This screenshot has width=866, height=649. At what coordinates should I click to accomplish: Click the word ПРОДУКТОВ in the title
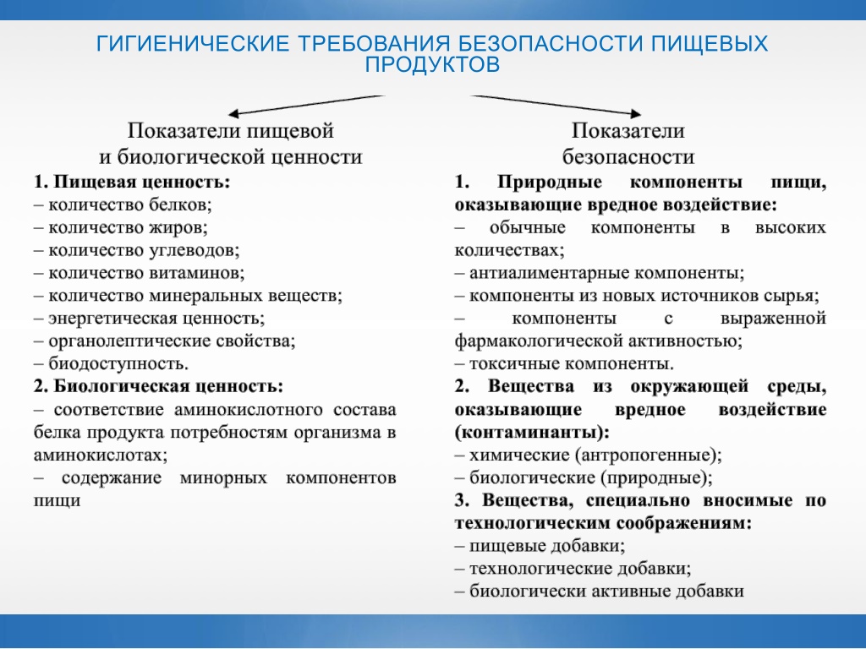[x=432, y=64]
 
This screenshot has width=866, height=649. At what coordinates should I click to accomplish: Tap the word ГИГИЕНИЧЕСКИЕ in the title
[x=193, y=43]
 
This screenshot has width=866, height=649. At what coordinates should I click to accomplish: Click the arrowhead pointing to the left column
[x=234, y=114]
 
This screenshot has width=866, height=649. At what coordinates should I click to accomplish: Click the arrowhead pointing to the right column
[x=635, y=114]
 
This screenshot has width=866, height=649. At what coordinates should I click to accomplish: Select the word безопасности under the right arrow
[x=628, y=157]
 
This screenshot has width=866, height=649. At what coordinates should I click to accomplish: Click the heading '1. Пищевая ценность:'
[x=131, y=182]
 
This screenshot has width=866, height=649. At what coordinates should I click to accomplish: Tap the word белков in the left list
[x=181, y=205]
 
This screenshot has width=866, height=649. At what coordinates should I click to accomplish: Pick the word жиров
[x=178, y=227]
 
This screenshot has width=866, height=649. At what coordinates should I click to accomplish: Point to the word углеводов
[x=195, y=250]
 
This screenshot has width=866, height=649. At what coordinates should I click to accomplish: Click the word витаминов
[x=196, y=273]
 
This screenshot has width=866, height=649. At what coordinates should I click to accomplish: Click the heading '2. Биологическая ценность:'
[x=158, y=385]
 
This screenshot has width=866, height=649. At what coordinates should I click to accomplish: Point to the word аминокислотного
[x=249, y=410]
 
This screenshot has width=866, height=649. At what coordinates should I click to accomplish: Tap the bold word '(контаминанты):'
[x=532, y=432]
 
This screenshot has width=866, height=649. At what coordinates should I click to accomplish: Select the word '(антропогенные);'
[x=649, y=455]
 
